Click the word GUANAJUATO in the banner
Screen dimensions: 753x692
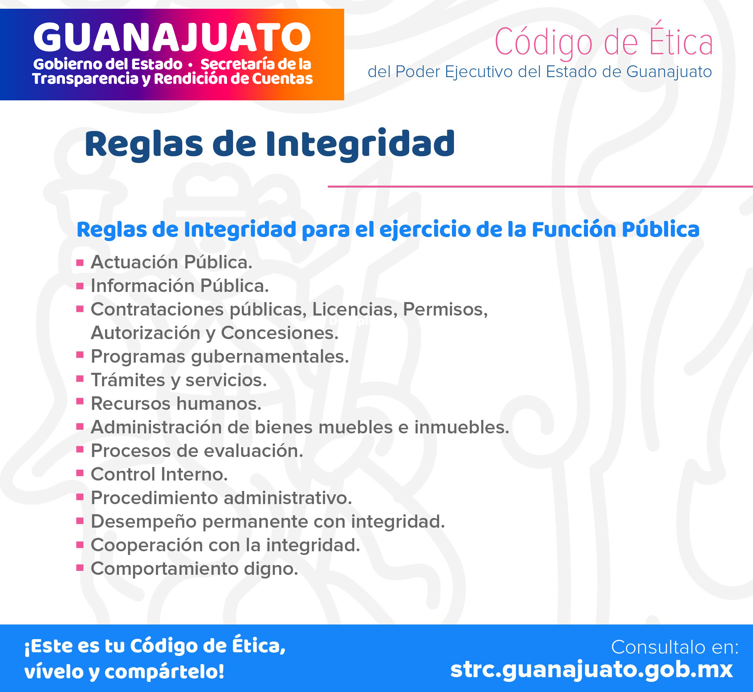click(172, 37)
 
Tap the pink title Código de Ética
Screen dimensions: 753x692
click(603, 41)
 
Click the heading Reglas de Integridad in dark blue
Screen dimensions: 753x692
click(270, 144)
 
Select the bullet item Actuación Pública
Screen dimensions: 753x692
click(171, 262)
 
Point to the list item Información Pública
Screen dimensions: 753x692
click(180, 285)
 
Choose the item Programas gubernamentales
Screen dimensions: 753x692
click(220, 356)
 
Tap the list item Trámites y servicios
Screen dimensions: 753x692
click(178, 380)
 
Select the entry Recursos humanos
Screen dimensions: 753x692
click(176, 403)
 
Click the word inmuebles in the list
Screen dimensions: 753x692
click(462, 427)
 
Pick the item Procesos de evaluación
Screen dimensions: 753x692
click(197, 451)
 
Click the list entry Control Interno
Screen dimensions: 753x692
click(159, 474)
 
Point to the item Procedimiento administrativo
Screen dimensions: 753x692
click(221, 498)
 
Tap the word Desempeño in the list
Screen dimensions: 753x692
click(143, 521)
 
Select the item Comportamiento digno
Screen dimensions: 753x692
click(194, 568)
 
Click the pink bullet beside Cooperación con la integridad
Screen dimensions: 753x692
click(80, 545)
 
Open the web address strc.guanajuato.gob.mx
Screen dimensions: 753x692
click(591, 669)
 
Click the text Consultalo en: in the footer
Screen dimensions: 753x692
click(675, 647)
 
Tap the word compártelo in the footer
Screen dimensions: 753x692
click(164, 671)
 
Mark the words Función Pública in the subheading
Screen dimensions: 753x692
click(615, 230)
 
